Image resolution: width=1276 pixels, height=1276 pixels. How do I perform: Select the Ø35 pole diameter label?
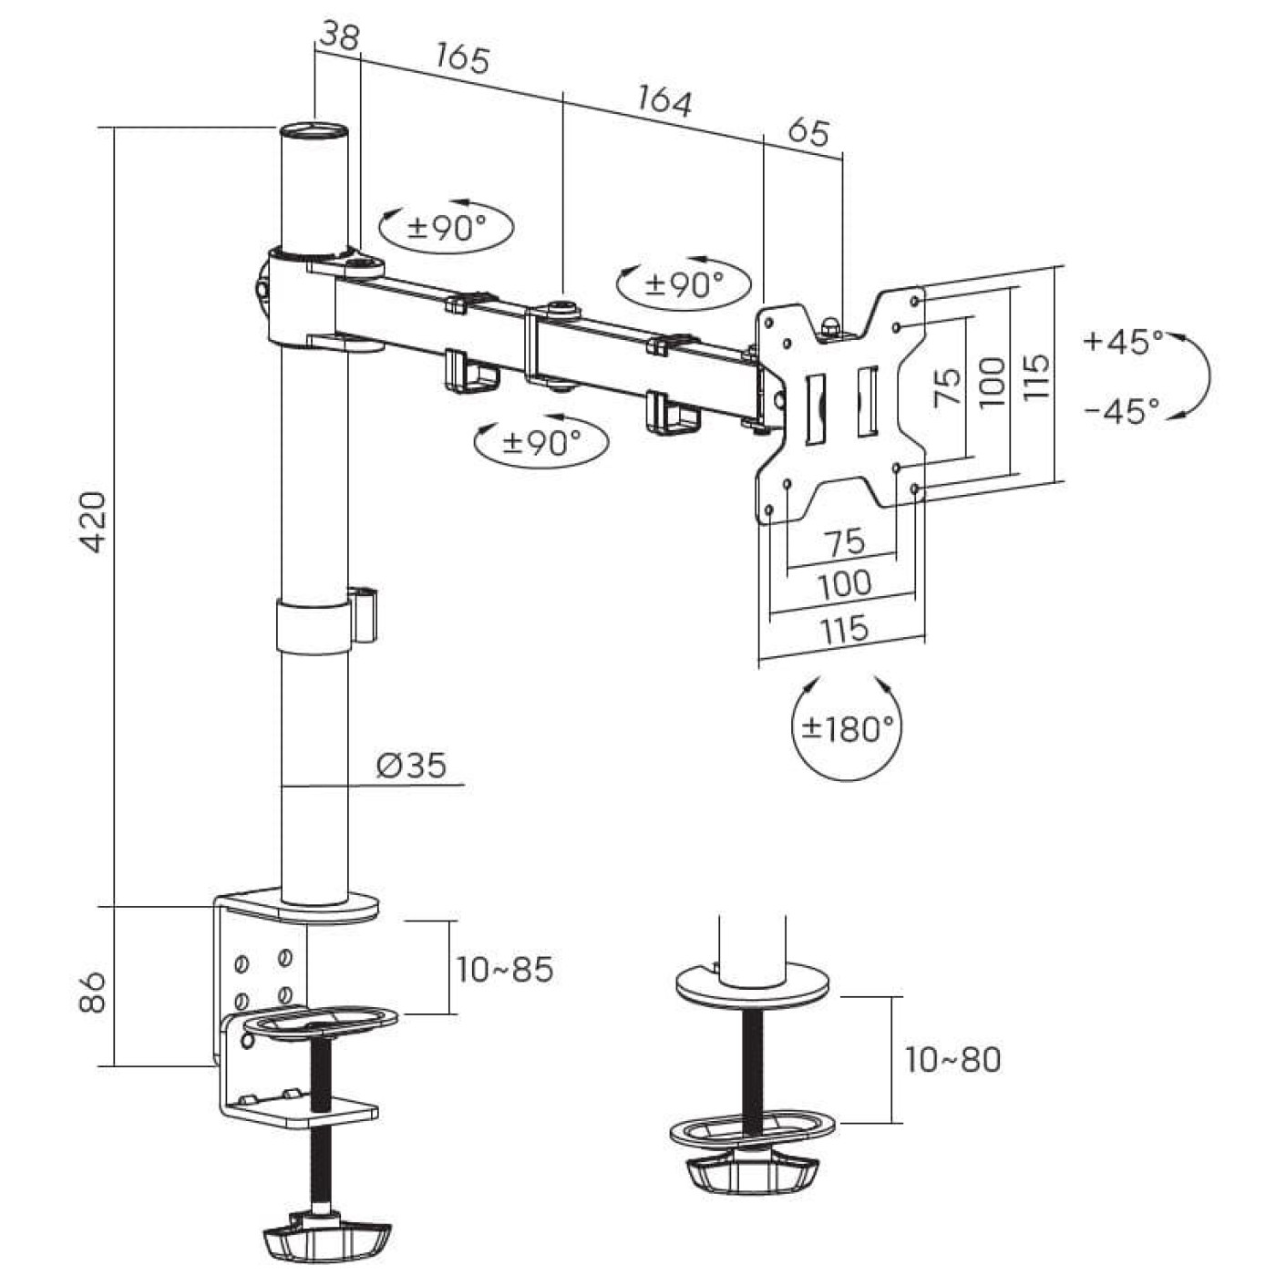[411, 765]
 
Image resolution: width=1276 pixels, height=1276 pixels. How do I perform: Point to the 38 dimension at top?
[339, 36]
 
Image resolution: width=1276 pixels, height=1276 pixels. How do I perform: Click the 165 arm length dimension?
[463, 58]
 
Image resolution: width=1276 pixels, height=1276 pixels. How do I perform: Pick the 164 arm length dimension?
[664, 100]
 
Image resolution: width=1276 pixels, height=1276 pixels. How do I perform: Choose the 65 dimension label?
[809, 132]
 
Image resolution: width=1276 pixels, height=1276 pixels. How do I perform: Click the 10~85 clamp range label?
[505, 970]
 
